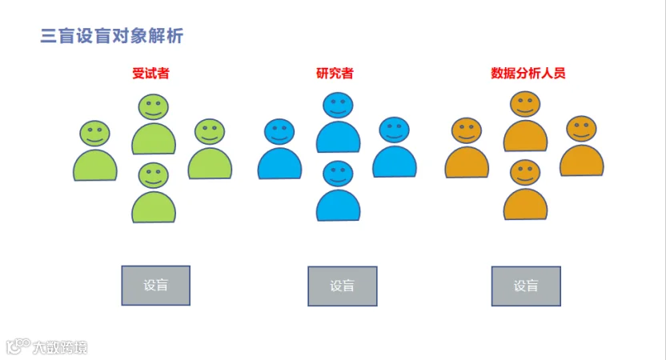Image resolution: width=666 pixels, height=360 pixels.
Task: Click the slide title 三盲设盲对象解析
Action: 112,36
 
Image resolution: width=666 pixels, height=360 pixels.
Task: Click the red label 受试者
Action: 150,74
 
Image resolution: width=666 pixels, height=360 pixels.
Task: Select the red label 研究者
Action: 335,74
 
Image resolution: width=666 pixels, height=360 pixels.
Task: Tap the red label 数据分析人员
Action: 528,74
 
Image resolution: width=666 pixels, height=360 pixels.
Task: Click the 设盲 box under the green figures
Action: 155,286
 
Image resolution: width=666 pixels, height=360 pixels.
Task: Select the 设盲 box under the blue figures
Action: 342,286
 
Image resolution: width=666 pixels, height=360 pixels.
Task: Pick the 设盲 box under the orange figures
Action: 526,286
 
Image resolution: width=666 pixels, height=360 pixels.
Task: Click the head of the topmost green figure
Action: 152,106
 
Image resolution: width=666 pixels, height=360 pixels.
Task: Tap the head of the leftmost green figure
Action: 95,134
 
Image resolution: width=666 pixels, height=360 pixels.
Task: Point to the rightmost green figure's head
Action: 209,132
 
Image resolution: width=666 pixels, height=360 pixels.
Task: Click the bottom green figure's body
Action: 154,207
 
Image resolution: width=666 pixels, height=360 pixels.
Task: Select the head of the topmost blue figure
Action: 338,106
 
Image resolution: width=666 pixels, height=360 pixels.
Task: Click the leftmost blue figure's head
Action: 279,132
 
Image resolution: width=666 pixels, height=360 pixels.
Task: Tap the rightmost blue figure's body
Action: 395,162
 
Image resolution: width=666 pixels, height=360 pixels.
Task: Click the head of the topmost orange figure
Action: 525,104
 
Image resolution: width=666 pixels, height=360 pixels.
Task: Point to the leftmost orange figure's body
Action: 467,162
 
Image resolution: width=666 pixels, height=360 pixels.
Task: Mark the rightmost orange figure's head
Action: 582,130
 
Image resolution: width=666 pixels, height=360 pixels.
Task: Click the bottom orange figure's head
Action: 525,172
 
